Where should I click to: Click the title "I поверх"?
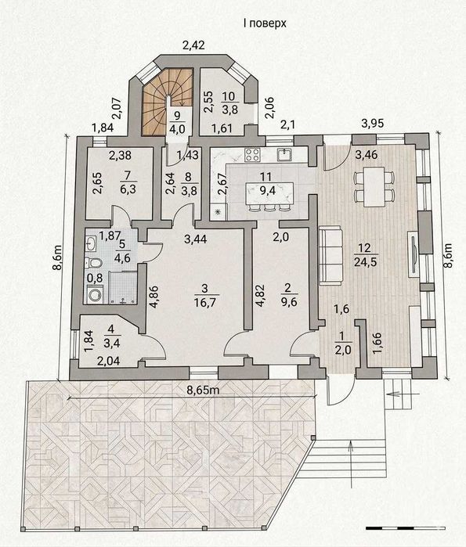[x=265, y=23]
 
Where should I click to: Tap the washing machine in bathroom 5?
[x=94, y=294]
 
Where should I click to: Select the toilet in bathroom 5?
[x=93, y=263]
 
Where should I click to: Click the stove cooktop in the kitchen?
[x=252, y=155]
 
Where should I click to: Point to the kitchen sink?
[x=285, y=154]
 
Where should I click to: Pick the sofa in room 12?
[x=331, y=256]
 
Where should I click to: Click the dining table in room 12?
[x=373, y=186]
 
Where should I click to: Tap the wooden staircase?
[x=167, y=101]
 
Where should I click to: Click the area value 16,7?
[x=205, y=302]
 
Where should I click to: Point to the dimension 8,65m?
[x=203, y=390]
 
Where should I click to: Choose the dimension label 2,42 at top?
[x=193, y=45]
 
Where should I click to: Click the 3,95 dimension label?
[x=373, y=123]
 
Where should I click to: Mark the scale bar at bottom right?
[x=406, y=528]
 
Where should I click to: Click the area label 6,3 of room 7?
[x=128, y=190]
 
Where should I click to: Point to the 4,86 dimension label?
[x=154, y=298]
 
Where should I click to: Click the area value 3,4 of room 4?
[x=112, y=344]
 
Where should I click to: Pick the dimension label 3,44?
[x=196, y=239]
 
